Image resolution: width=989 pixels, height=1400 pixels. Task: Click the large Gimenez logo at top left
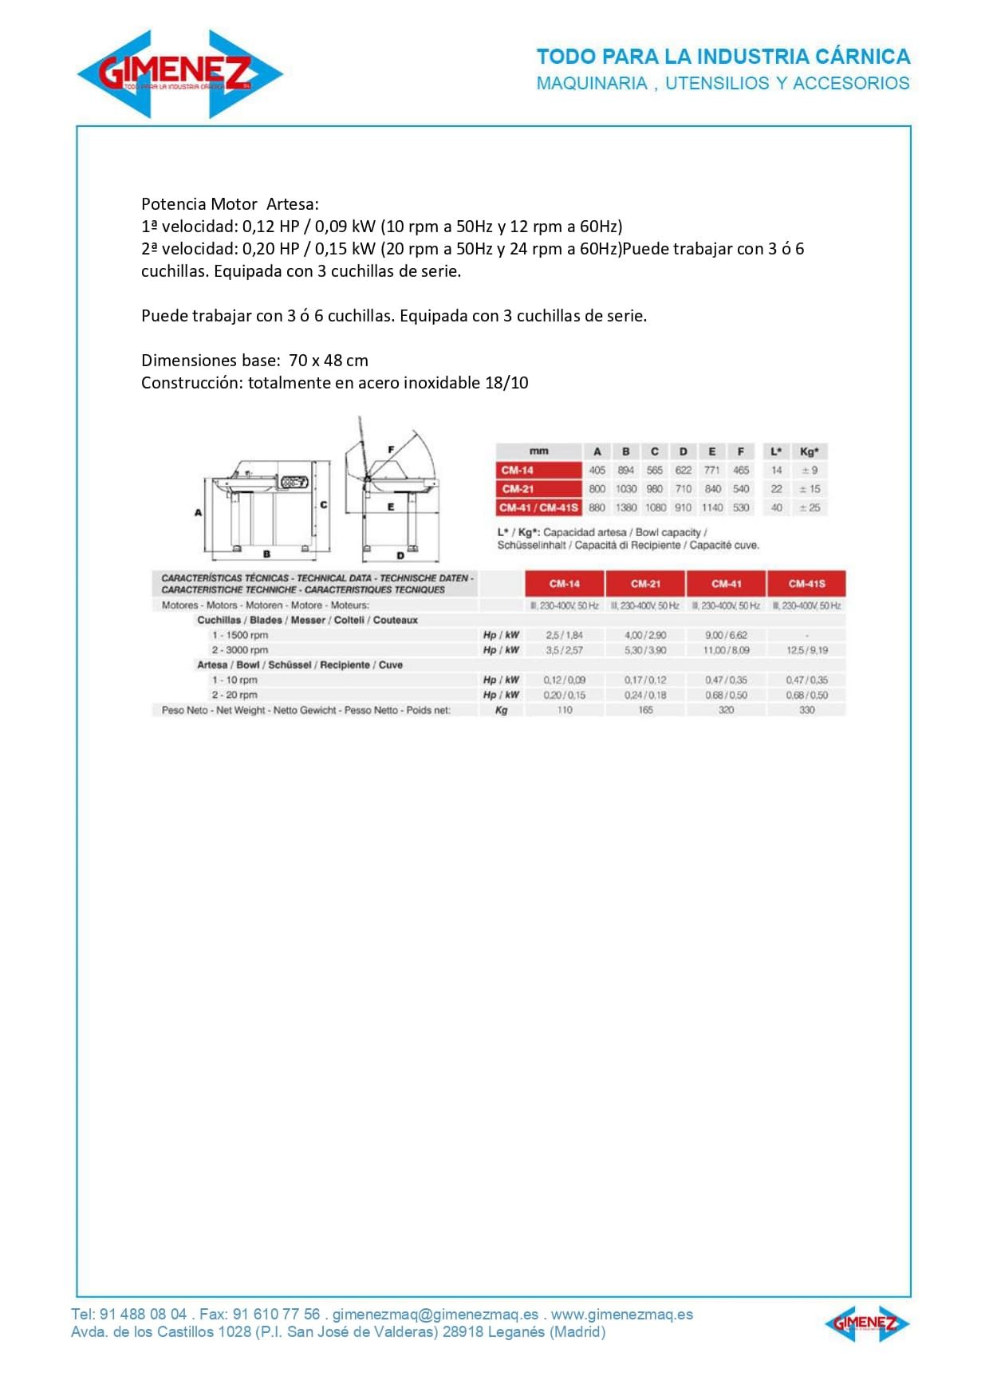[x=179, y=74]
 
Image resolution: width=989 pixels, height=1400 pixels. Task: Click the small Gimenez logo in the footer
[x=866, y=1325]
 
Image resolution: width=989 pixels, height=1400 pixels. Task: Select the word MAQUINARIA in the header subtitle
[x=592, y=83]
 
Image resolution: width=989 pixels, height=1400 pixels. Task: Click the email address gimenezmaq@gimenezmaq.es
[x=435, y=1315]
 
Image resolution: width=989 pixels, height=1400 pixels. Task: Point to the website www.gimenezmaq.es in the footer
[x=622, y=1315]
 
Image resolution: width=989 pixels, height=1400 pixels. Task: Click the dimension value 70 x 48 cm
[x=329, y=361]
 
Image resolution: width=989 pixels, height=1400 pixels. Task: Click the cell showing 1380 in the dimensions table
[x=626, y=508]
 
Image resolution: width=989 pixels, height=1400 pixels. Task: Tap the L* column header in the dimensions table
[x=776, y=452]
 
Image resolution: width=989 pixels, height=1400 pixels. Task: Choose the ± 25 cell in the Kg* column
[x=810, y=508]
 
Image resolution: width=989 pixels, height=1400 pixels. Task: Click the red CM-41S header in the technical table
[x=806, y=584]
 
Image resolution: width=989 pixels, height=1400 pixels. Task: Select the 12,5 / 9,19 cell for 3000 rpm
[x=806, y=651]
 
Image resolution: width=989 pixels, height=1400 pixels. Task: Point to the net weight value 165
[x=645, y=710]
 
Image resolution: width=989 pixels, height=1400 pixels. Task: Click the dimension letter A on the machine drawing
[x=199, y=513]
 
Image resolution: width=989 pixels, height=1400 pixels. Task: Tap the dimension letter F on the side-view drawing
[x=391, y=450]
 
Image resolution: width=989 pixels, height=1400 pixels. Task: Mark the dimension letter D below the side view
[x=400, y=555]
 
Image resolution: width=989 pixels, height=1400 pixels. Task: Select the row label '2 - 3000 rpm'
[x=240, y=650]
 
